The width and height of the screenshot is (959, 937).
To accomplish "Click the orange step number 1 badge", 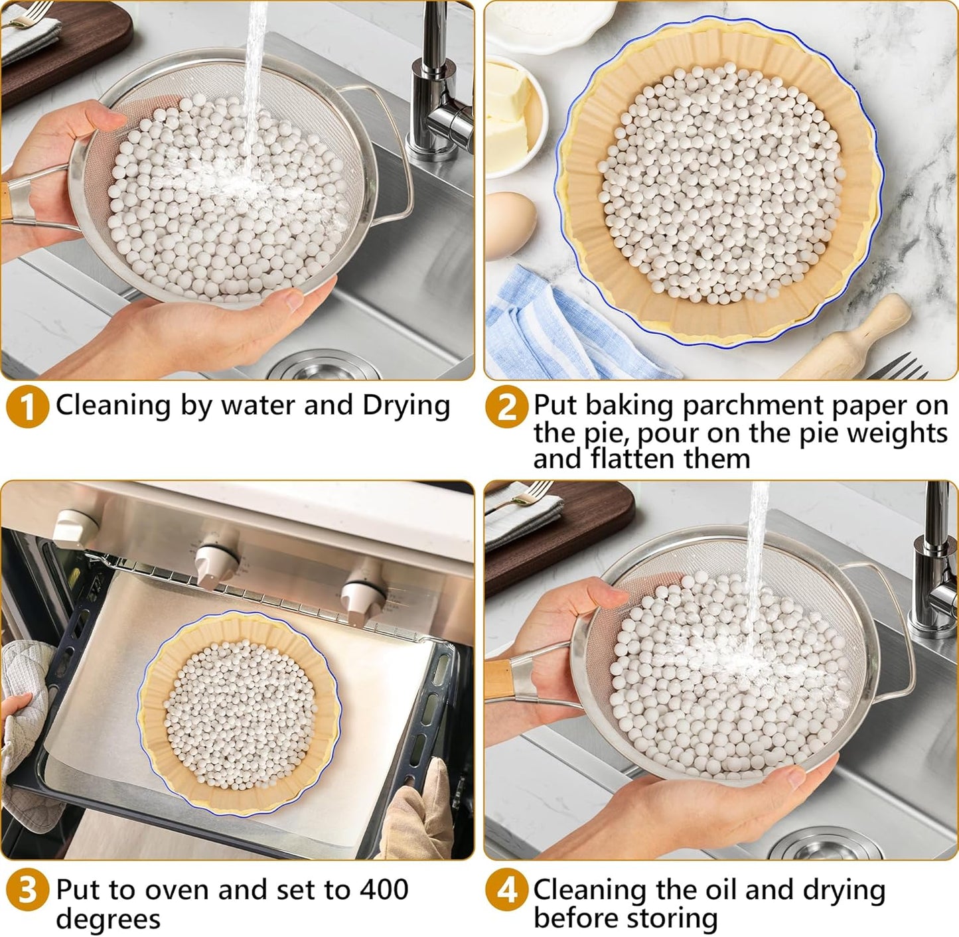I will point(27,407).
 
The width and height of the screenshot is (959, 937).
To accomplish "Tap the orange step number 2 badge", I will point(506,407).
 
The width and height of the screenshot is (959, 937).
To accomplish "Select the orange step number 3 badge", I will point(27,891).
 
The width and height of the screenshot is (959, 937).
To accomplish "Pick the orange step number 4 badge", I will point(506,891).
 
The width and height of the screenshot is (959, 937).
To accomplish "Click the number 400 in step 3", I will point(384,889).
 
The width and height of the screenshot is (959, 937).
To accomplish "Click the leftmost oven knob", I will point(74,528).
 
